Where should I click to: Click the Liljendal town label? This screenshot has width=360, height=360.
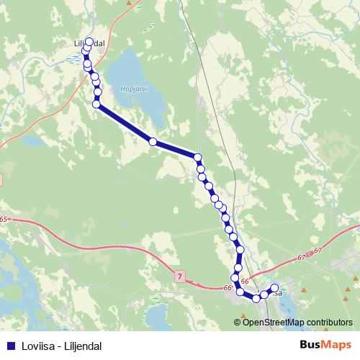(x=90, y=43)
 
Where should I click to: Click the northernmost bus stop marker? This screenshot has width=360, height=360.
(x=90, y=42)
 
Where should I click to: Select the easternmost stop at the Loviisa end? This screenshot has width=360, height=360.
(x=274, y=289)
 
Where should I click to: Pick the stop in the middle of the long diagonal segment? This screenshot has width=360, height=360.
(x=153, y=142)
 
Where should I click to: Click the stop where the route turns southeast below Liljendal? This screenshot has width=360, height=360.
(x=96, y=104)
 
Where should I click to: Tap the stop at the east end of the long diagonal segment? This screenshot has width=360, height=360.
(x=197, y=157)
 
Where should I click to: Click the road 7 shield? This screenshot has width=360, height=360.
(x=179, y=276)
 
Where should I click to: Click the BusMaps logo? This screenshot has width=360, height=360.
(x=326, y=345)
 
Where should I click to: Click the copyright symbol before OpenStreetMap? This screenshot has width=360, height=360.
(x=238, y=322)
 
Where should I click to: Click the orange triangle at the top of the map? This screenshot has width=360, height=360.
(x=130, y=3)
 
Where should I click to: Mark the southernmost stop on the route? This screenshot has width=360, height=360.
(x=256, y=298)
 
